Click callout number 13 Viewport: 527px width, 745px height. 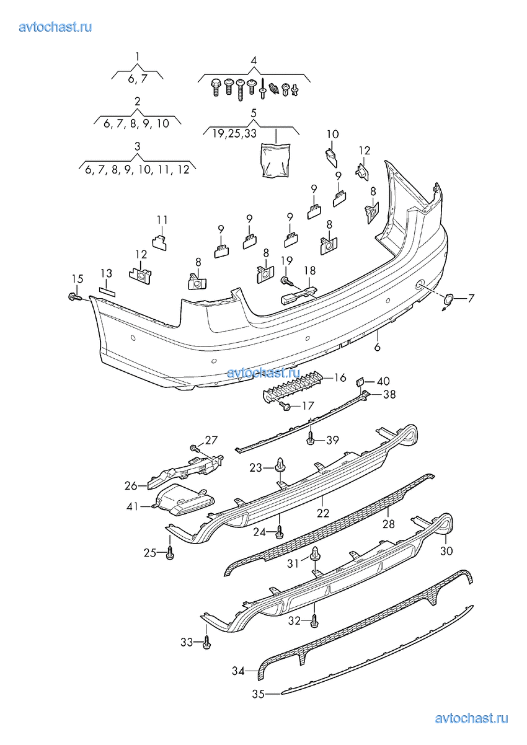(106, 273)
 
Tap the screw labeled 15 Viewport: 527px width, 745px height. (74, 298)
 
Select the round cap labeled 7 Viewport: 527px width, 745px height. (447, 300)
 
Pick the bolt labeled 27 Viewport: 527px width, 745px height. (194, 447)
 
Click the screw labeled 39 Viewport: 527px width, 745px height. (311, 441)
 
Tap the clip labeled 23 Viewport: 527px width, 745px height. (281, 463)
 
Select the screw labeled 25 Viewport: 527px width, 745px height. (170, 553)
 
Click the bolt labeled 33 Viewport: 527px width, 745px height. (206, 643)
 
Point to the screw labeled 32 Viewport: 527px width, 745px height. (316, 620)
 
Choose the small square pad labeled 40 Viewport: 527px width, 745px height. (360, 381)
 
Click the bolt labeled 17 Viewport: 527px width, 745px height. (286, 407)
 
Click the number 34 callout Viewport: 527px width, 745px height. (239, 671)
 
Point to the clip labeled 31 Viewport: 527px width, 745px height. (316, 553)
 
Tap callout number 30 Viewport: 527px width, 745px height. (446, 550)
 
